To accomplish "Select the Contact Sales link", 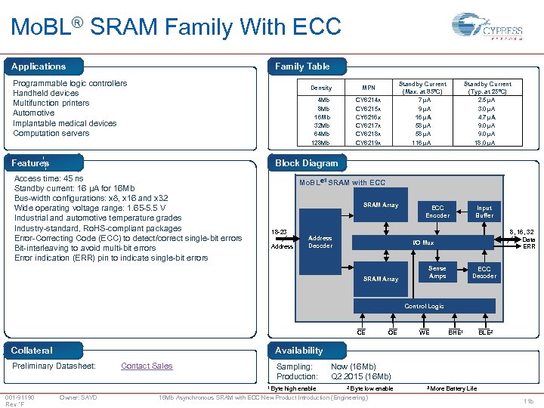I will coord(147,366).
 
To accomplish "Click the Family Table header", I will coord(302,66).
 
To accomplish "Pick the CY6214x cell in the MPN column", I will coord(368,100).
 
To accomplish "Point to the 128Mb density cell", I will coord(321,143).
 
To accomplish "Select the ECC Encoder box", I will coord(437,211).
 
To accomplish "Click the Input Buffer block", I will coord(484,211).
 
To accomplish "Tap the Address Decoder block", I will coord(320,242).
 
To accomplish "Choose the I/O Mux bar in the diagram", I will coord(423,243).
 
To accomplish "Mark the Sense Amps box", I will coord(437,272).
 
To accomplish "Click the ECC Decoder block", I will coord(484,272).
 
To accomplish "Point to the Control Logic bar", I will coord(424,306).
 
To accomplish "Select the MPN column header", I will coord(368,88).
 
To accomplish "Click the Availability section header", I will coord(299,351).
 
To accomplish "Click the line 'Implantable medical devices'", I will coord(65,123).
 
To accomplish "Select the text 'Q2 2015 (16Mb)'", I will coord(361,376).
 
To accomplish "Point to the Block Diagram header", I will coord(307,163).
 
